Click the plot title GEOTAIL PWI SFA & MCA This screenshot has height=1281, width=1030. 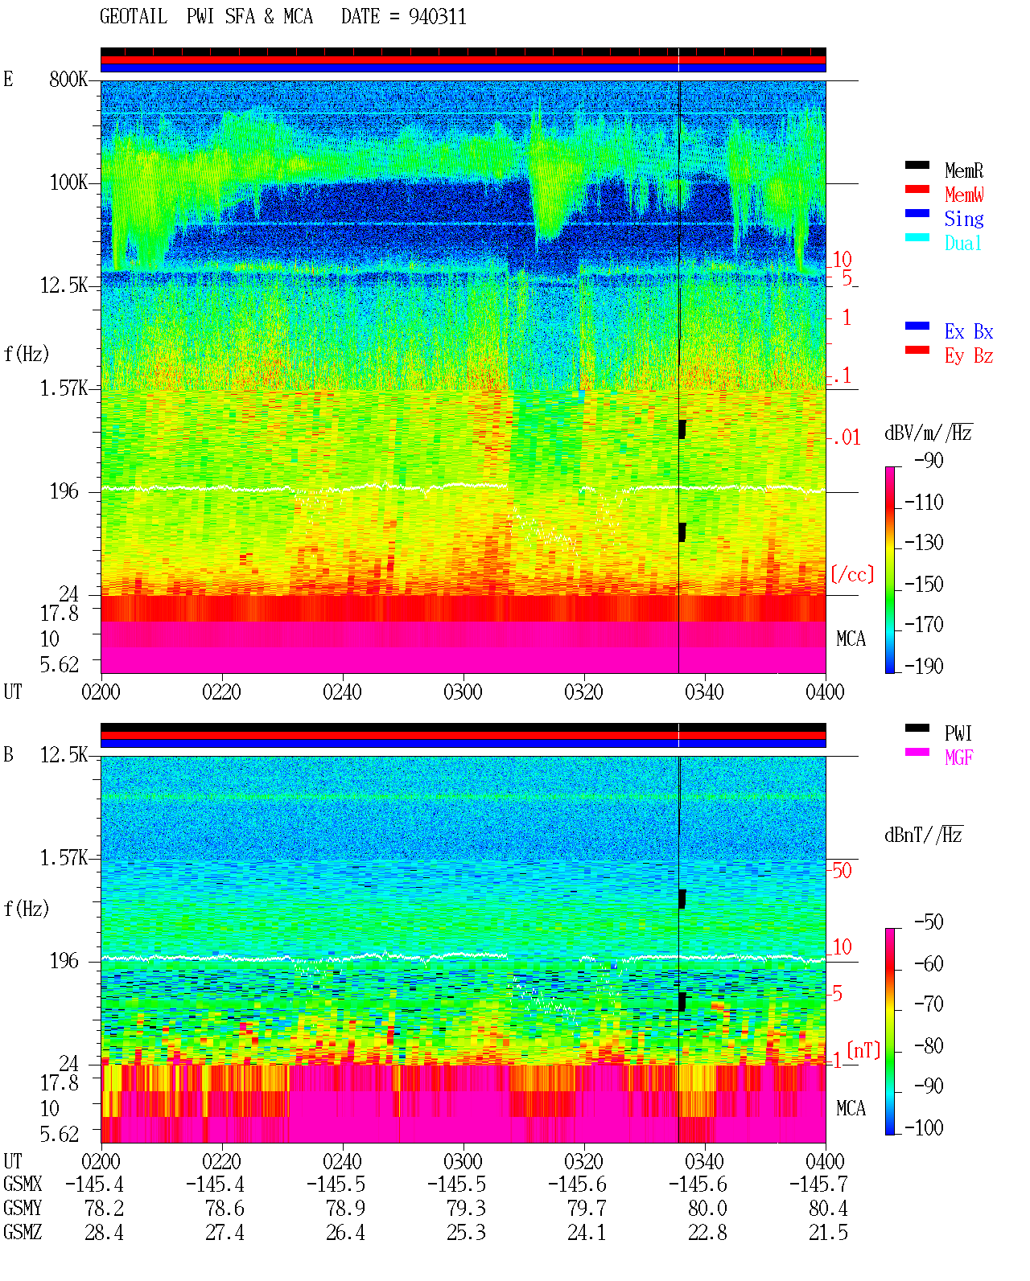[206, 17]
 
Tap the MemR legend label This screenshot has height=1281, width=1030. [963, 170]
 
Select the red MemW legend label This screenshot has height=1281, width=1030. [964, 195]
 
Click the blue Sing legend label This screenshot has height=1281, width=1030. [963, 219]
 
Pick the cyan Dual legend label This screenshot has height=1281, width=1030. [962, 243]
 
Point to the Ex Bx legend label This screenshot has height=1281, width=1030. [968, 331]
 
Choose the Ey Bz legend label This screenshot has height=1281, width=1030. [968, 356]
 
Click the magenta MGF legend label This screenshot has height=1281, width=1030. [958, 758]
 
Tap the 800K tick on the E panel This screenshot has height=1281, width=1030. [68, 79]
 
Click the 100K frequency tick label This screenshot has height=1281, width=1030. [68, 183]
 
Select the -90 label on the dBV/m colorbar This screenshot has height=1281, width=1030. [929, 460]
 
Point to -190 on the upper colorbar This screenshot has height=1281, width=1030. [924, 666]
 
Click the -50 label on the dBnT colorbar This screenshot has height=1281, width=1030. [929, 922]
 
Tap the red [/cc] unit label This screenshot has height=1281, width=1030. [852, 574]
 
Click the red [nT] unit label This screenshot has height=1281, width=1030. [863, 1050]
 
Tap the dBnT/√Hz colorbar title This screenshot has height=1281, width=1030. [924, 836]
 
